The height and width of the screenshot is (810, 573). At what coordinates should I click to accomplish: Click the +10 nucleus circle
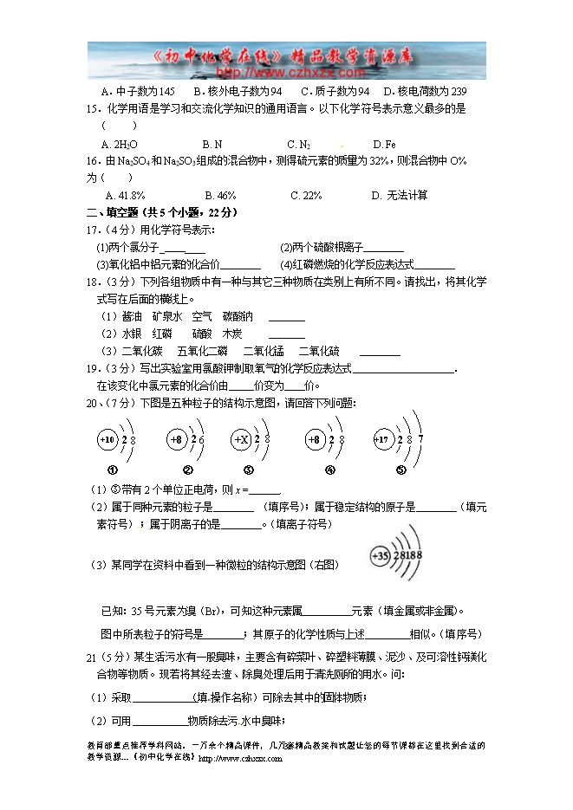click(107, 440)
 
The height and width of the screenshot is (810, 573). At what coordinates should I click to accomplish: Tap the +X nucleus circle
click(242, 440)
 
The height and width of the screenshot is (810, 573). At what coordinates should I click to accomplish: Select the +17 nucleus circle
click(383, 440)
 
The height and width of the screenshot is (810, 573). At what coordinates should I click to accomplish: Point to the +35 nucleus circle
click(380, 554)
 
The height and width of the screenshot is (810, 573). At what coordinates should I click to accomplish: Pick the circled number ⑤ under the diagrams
click(400, 470)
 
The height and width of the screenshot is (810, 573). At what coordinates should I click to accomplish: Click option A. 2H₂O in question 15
click(120, 144)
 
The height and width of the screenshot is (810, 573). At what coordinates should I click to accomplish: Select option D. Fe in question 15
click(384, 144)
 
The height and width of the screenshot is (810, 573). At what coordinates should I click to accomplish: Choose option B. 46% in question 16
click(220, 195)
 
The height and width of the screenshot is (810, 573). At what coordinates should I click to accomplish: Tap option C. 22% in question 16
click(306, 195)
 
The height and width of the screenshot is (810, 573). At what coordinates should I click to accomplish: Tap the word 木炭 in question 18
click(231, 334)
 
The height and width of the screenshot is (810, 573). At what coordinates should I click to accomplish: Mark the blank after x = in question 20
click(264, 489)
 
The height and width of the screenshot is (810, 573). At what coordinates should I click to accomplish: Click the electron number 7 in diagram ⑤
click(420, 440)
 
